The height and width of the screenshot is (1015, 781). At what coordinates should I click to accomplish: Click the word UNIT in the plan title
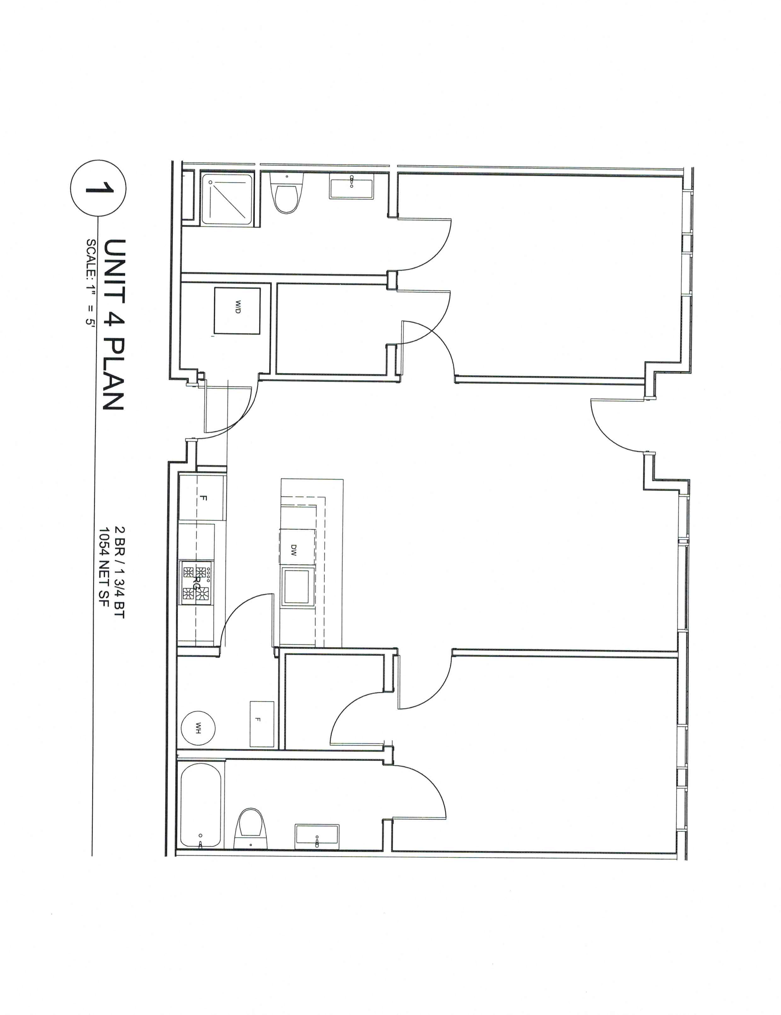pyautogui.click(x=114, y=271)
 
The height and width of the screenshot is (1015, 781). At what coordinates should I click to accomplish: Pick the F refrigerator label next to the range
pyautogui.click(x=203, y=499)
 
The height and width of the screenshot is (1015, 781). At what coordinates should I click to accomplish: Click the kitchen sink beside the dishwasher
pyautogui.click(x=297, y=586)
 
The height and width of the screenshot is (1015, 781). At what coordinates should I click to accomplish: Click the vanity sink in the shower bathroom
pyautogui.click(x=351, y=186)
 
